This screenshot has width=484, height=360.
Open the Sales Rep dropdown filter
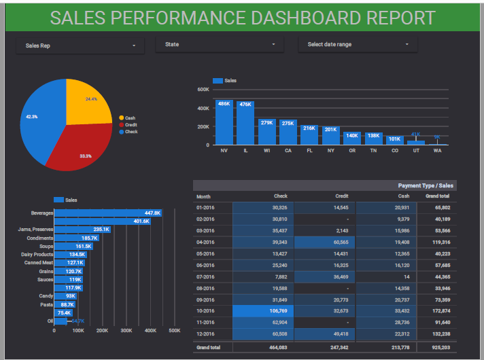pyautogui.click(x=80, y=46)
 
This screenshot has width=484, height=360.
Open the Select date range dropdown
pyautogui.click(x=358, y=45)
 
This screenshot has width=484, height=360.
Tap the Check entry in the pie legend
pyautogui.click(x=131, y=132)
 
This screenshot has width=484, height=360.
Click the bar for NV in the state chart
pyautogui.click(x=224, y=122)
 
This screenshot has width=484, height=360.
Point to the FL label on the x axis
pyautogui.click(x=309, y=150)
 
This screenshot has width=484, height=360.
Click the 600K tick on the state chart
pyautogui.click(x=203, y=90)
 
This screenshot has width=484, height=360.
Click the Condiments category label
pyautogui.click(x=40, y=238)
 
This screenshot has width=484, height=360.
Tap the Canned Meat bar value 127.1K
pyautogui.click(x=75, y=263)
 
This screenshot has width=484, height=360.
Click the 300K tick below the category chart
pyautogui.click(x=126, y=331)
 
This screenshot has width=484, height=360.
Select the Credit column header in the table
pyautogui.click(x=341, y=196)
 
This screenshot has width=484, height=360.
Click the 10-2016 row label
pyautogui.click(x=205, y=311)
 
